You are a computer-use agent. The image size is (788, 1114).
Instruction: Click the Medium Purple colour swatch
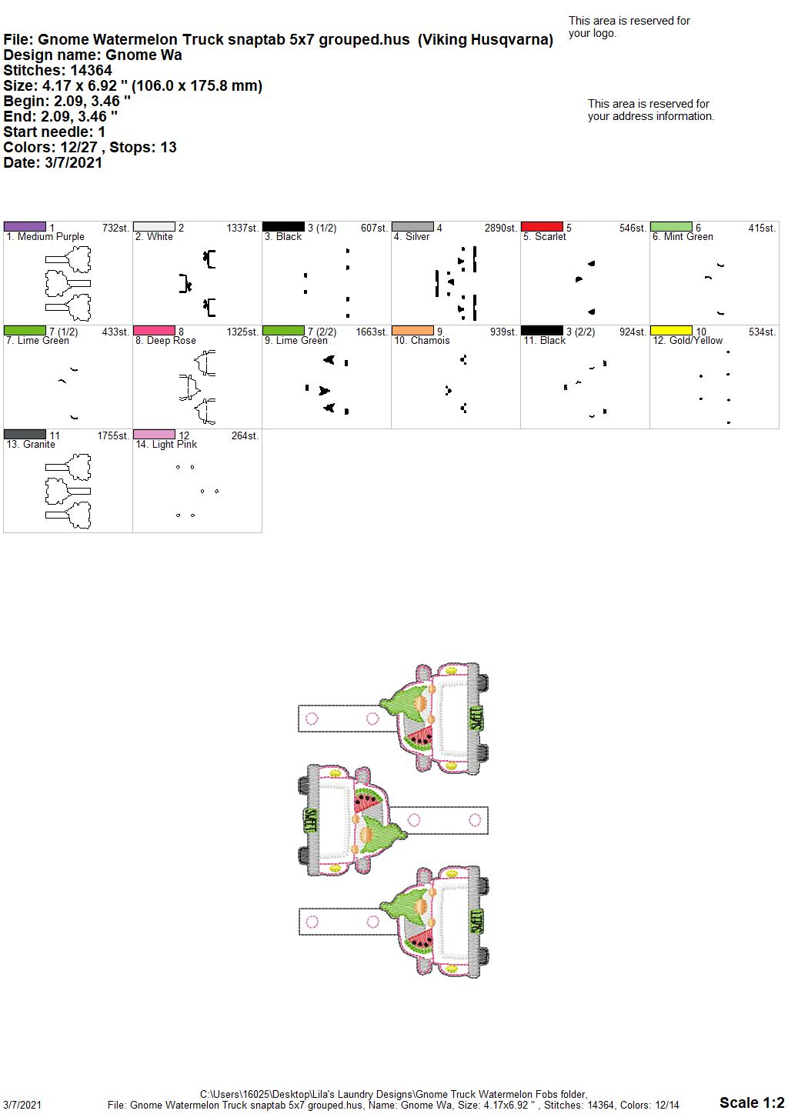point(25,226)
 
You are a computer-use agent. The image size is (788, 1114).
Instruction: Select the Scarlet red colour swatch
point(542,226)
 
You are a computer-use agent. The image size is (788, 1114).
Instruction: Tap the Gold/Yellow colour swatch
point(671,330)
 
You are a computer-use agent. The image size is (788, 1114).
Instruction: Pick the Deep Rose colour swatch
point(154,330)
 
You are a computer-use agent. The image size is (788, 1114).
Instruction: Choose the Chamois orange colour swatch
point(412,330)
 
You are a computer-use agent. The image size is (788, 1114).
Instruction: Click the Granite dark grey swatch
point(25,434)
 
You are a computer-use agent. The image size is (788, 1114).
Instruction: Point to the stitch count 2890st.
point(501,228)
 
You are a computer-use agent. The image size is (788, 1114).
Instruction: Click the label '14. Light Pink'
point(166,444)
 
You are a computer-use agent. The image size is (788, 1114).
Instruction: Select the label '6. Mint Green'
point(683,237)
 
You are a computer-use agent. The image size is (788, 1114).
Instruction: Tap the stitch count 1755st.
point(113,435)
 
